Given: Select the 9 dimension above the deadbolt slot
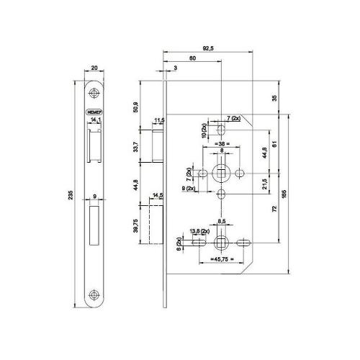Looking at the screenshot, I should point(95,195).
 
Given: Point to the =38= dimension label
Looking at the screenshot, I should point(222,144).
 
